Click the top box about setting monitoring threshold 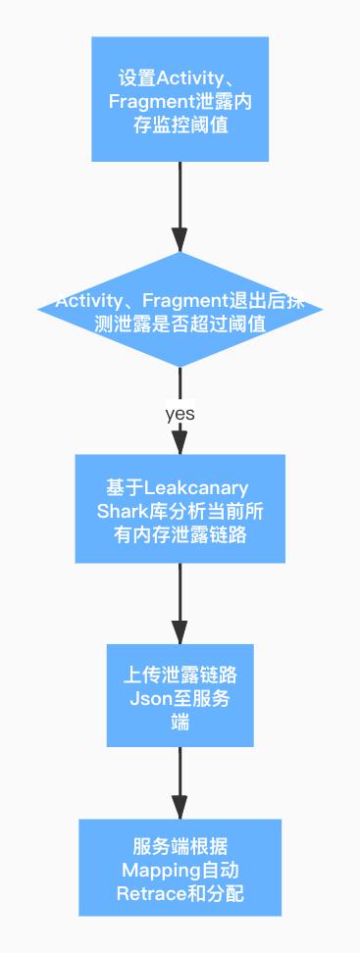180,99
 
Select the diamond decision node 180,311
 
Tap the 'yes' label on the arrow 180,414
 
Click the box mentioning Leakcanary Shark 180,509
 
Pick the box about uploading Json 180,695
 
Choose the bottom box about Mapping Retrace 180,868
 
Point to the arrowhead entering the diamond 180,240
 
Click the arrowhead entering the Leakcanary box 180,443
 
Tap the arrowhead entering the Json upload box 180,632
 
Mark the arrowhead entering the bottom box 180,807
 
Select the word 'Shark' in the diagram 121,511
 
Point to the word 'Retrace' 148,892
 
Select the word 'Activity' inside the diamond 86,301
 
